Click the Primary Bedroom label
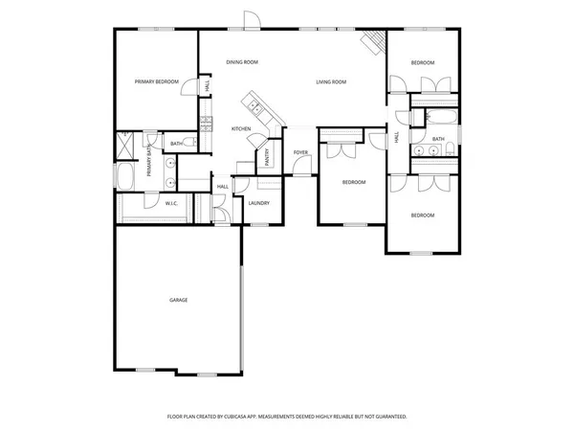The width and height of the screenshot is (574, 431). [x=157, y=82]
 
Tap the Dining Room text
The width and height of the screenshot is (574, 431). [x=242, y=62]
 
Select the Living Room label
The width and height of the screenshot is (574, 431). [x=330, y=82]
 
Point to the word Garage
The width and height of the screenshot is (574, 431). [x=178, y=300]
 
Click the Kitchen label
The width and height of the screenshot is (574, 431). [x=241, y=128]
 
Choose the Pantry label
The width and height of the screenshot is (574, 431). [x=267, y=155]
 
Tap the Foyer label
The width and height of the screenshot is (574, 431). [x=300, y=152]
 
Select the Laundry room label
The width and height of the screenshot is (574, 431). [x=258, y=203]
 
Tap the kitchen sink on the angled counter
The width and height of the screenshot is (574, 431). [x=254, y=100]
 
